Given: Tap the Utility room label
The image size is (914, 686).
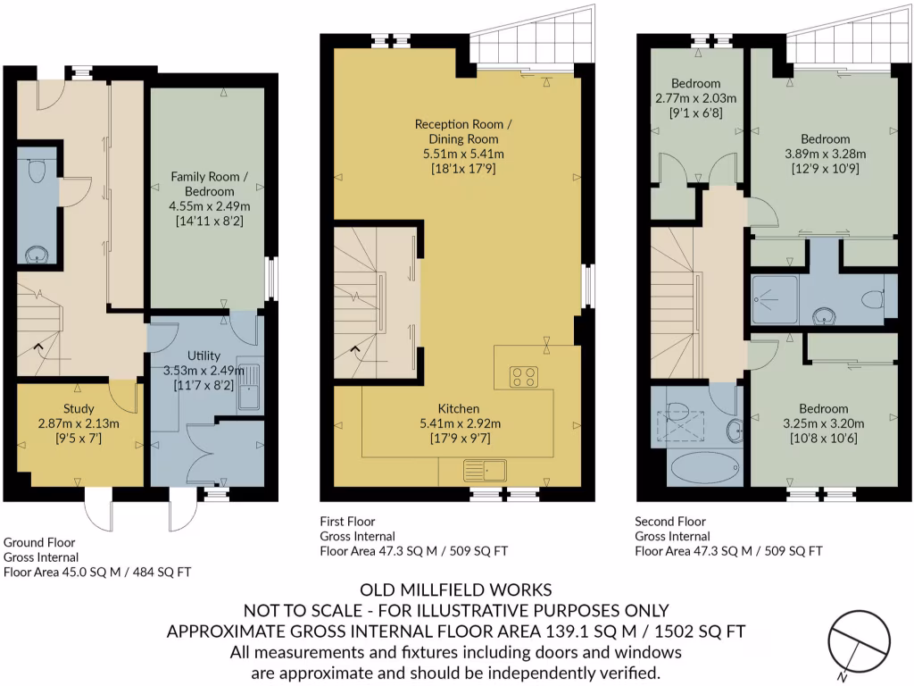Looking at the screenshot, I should (204, 356).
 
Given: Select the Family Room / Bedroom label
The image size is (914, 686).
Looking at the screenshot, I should (204, 184).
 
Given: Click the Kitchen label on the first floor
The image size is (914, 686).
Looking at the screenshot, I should (458, 408).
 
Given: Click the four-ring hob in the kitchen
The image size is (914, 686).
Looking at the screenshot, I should (523, 377).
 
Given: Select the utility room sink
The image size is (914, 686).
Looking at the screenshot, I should (248, 389).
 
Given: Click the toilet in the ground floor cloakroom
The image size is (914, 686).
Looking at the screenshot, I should (37, 171).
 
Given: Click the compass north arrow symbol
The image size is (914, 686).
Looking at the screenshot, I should (858, 640).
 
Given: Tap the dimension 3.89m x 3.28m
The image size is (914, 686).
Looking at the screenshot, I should (825, 154).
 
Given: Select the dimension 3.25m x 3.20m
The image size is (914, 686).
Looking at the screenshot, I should (825, 424).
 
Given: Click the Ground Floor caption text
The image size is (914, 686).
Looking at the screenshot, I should (39, 542).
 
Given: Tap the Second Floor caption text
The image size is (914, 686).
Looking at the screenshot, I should (669, 522).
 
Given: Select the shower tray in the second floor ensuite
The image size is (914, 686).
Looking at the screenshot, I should (775, 298).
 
